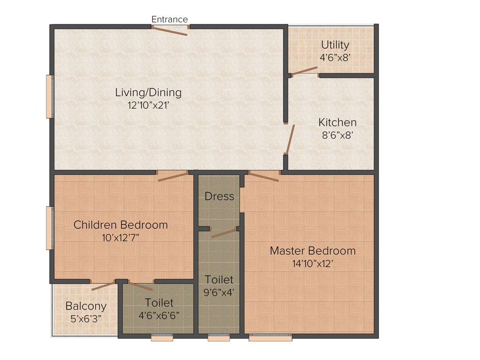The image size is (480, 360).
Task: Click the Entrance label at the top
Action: tap(170, 19)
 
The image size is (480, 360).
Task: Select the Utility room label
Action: tap(335, 45)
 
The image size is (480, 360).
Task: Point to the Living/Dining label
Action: tap(148, 92)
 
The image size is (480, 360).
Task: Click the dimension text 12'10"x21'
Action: tap(148, 105)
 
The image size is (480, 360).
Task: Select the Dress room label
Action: tap(219, 196)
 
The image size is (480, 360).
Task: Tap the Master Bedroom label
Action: tap(313, 251)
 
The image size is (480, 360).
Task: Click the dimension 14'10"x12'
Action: tap(313, 264)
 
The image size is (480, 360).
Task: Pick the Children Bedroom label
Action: tap(120, 225)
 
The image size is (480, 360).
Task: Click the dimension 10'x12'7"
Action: tap(120, 238)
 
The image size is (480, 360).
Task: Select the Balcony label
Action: tap(86, 306)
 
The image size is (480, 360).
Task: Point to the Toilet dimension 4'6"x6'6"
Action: tap(159, 315)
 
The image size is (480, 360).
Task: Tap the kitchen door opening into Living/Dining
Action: tap(289, 139)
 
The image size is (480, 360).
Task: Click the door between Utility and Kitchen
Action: tap(305, 71)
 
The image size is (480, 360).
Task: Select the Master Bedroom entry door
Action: tap(264, 176)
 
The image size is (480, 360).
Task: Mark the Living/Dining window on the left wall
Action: tap(49, 97)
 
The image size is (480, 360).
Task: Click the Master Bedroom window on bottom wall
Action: tap(270, 337)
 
